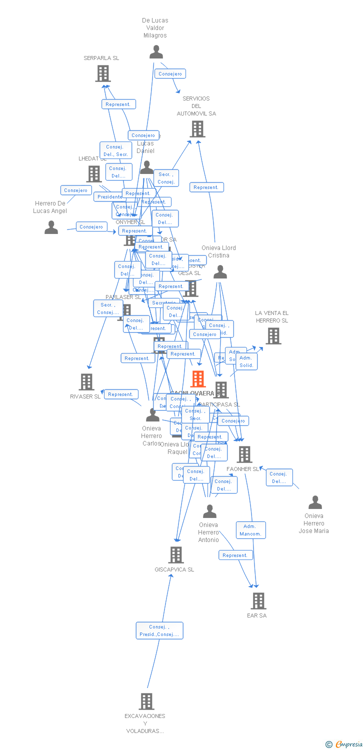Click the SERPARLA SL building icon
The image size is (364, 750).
[x=103, y=73]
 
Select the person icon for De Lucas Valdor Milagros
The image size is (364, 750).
[x=156, y=52]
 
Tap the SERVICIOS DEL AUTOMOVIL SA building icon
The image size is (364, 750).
[x=197, y=129]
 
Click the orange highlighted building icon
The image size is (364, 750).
[x=198, y=379]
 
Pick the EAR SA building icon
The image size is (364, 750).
[x=258, y=601]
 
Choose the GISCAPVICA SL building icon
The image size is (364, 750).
[x=175, y=555]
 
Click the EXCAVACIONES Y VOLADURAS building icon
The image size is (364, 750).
[x=146, y=701]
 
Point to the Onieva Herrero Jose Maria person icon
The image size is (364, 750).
[x=315, y=502]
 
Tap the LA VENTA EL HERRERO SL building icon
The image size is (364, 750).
[x=273, y=336]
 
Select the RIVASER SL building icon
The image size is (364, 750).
[x=86, y=382]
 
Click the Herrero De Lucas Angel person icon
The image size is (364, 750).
[x=51, y=227]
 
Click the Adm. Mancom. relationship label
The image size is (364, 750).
[x=250, y=530]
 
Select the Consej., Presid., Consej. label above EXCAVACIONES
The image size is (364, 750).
[x=159, y=630]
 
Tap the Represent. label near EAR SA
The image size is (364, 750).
[x=235, y=555]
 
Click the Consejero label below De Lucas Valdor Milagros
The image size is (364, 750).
[x=170, y=73]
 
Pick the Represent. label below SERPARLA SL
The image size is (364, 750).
[x=118, y=104]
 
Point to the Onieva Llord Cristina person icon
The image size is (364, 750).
[x=220, y=272]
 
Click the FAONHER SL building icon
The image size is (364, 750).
[x=244, y=454]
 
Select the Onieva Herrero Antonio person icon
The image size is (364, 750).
[x=209, y=511]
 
